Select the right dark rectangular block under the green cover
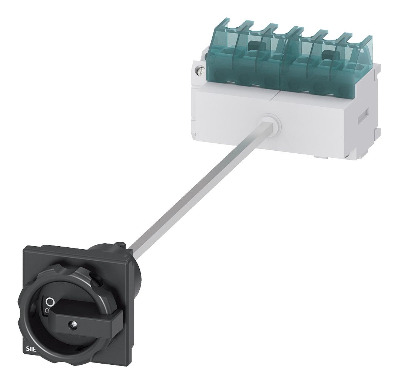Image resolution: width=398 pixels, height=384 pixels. click(327, 54)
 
